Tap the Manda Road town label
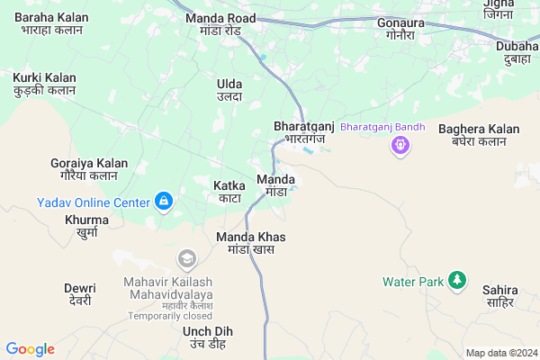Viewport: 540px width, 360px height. [220, 24]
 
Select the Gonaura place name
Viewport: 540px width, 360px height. [400, 28]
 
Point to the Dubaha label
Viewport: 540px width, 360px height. [517, 53]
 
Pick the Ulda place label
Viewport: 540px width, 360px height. [229, 90]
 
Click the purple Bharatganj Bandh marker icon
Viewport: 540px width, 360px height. [400, 144]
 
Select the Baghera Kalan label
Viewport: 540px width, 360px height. [479, 135]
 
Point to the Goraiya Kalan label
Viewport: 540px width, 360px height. [88, 169]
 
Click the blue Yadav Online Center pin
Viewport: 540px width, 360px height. [163, 202]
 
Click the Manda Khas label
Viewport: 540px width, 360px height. [250, 242]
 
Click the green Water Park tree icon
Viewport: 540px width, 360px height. [458, 281]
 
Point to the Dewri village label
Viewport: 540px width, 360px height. [80, 294]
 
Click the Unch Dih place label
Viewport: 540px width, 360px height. [207, 337]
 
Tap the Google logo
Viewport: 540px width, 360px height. [31, 349]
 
